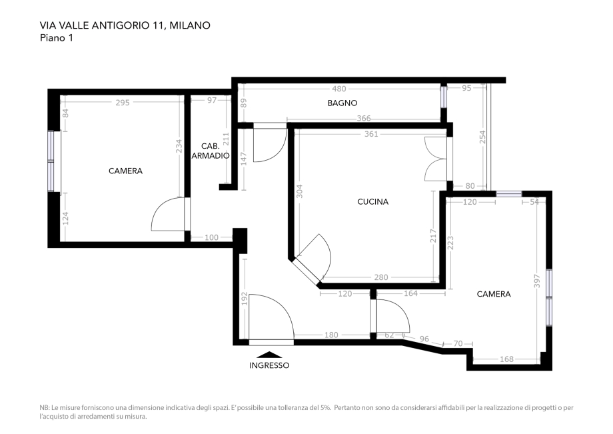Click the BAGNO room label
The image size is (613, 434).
pos(342,103)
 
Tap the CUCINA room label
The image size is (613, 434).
pos(372,201)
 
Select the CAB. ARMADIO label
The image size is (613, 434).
pos(211,151)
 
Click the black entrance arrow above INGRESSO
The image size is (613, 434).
pos(269,355)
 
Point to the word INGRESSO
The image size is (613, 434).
pos(269,365)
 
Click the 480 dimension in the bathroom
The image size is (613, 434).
pos(339,89)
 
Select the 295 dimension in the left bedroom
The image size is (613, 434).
pos(122,103)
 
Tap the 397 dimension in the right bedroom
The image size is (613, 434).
pos(537,281)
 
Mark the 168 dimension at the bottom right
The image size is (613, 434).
pos(506,360)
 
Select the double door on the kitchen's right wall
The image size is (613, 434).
pos(436,159)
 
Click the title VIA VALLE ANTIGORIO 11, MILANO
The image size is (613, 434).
pos(125,25)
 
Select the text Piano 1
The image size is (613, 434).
pos(57,38)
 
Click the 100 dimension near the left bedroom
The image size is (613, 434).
pos(212,237)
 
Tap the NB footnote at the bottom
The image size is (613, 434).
pos(306,411)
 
